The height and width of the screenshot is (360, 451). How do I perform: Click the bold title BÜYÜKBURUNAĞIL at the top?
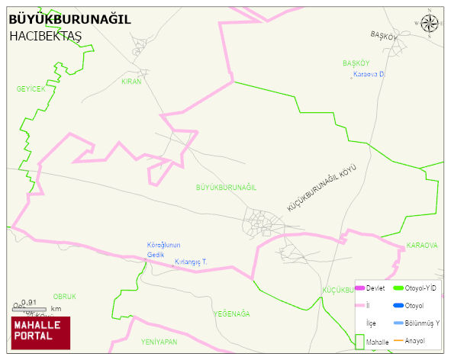pyautogui.click(x=69, y=20)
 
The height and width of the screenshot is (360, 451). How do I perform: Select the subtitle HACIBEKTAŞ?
pyautogui.click(x=45, y=36)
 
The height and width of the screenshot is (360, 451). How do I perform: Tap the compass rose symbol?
pyautogui.click(x=430, y=24)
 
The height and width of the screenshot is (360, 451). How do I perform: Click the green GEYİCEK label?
pyautogui.click(x=31, y=89)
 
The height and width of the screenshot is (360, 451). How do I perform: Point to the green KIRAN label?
pyautogui.click(x=131, y=81)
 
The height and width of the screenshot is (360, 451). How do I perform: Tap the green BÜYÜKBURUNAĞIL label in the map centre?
pyautogui.click(x=226, y=187)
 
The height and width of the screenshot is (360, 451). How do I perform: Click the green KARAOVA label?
pyautogui.click(x=422, y=246)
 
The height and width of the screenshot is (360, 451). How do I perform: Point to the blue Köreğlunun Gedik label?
pyautogui.click(x=163, y=249)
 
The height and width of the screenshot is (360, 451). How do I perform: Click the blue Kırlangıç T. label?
pyautogui.click(x=191, y=262)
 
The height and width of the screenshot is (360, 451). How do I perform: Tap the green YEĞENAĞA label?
pyautogui.click(x=231, y=313)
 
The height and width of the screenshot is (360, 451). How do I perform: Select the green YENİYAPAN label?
pyautogui.click(x=159, y=342)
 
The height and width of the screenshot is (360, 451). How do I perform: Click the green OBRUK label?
pyautogui.click(x=65, y=296)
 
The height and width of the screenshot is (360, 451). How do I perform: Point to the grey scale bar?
pyautogui.click(x=27, y=308)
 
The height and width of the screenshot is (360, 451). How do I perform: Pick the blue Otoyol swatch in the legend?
pyautogui.click(x=398, y=306)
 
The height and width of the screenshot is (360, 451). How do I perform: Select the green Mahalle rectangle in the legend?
pyautogui.click(x=359, y=342)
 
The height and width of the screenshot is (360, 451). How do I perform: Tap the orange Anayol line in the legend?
pyautogui.click(x=398, y=340)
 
